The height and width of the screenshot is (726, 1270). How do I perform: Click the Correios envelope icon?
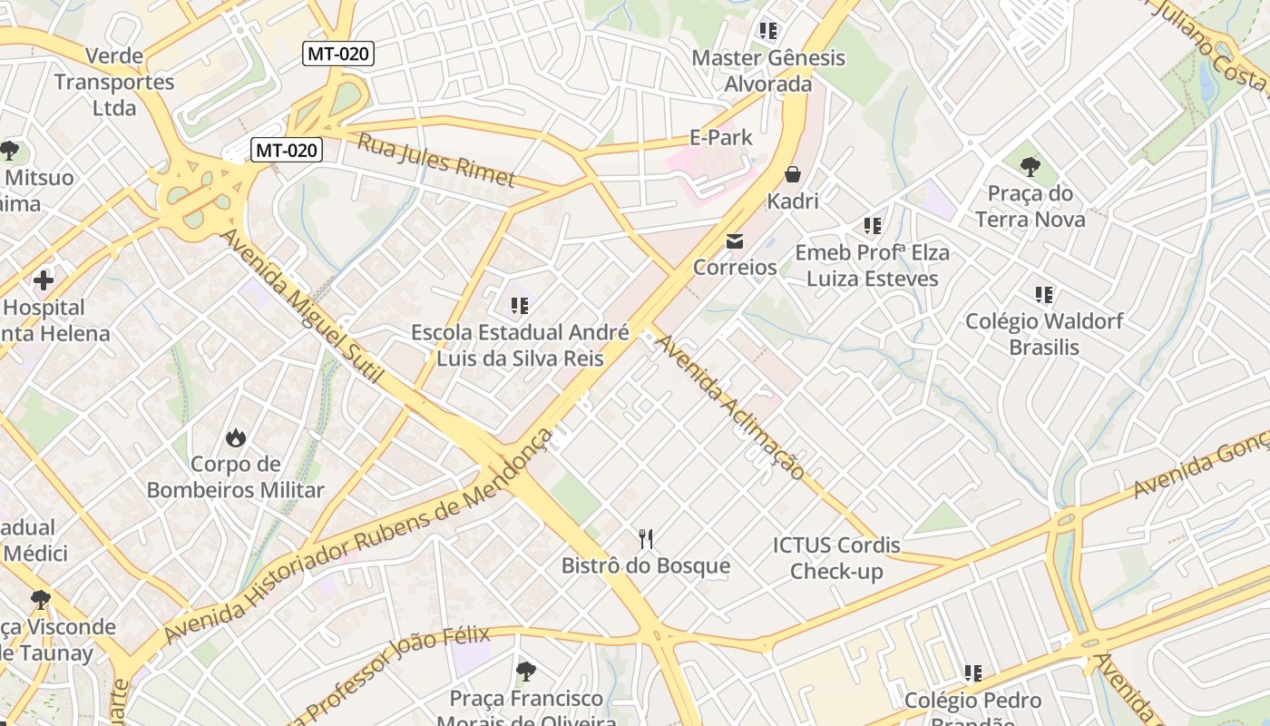click(x=734, y=241)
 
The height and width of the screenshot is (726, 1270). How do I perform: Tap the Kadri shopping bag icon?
click(x=793, y=174)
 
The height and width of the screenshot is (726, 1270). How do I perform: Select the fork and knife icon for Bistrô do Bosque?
click(x=646, y=539)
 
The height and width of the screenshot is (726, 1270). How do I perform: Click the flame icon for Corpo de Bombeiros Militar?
click(x=236, y=438)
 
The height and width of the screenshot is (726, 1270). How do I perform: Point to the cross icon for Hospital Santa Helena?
click(x=43, y=280)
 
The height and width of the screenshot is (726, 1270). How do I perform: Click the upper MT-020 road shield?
click(x=338, y=54)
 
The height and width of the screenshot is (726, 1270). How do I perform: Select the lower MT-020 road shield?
click(x=287, y=150)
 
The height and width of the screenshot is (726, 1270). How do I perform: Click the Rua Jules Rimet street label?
click(x=436, y=160)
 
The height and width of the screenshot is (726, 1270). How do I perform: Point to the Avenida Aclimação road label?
click(x=729, y=407)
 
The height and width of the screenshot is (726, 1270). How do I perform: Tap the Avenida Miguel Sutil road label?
click(x=302, y=305)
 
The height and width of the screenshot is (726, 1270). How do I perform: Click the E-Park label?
click(x=721, y=138)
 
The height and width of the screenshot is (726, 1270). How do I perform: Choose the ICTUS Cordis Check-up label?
click(x=836, y=558)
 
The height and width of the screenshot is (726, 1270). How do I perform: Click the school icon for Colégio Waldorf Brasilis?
click(x=1044, y=295)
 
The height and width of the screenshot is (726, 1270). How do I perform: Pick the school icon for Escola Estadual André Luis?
click(x=520, y=306)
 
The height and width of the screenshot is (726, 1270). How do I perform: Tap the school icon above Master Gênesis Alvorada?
click(x=768, y=31)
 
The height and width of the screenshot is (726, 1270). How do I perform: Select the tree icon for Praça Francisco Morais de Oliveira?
click(x=525, y=672)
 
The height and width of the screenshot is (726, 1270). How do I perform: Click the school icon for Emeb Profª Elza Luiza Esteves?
click(x=873, y=226)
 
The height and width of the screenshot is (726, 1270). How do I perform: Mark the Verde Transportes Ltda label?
click(x=113, y=82)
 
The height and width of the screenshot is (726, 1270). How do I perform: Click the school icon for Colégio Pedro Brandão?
click(x=973, y=673)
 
